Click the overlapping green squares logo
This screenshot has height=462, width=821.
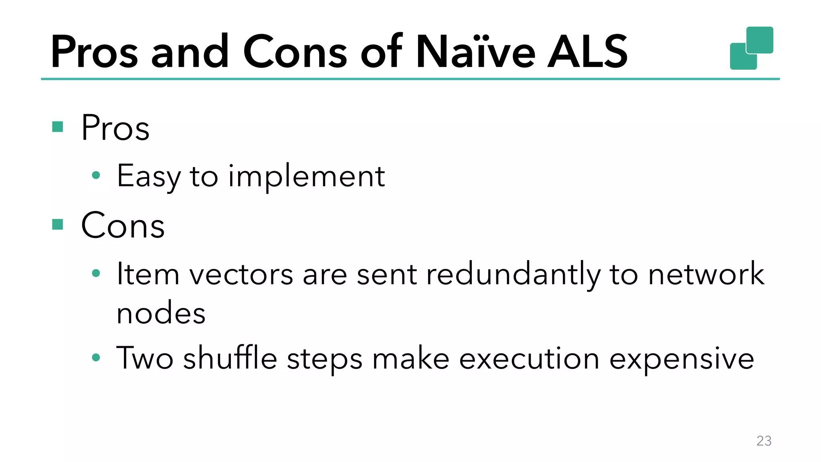(x=752, y=48)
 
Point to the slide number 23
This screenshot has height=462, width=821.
(x=764, y=441)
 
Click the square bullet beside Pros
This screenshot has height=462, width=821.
(x=58, y=127)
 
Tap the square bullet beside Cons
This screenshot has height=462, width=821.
(x=58, y=224)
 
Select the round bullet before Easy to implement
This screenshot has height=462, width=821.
(x=96, y=175)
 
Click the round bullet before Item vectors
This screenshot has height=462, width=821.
(x=96, y=273)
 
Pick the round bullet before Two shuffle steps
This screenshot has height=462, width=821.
(x=96, y=357)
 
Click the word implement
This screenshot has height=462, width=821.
(x=307, y=176)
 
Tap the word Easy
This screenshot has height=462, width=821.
(x=149, y=176)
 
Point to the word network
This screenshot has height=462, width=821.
(x=706, y=274)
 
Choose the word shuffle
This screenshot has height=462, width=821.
(x=230, y=358)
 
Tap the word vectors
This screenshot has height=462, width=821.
(x=241, y=275)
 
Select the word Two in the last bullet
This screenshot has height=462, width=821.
(x=145, y=358)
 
